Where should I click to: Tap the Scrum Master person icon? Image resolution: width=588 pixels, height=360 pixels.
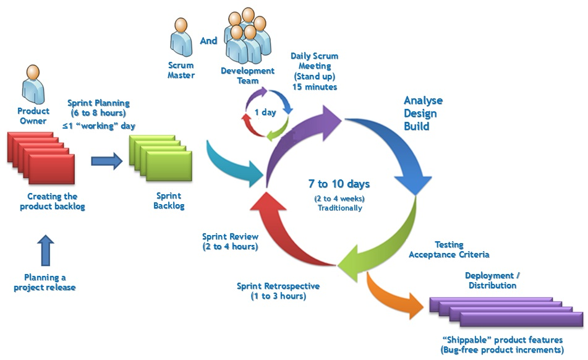click(181, 40)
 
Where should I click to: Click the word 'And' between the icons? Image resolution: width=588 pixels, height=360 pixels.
click(209, 41)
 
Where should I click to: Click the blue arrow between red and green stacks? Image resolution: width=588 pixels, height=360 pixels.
click(107, 161)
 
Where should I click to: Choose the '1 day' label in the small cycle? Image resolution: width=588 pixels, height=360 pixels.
click(265, 112)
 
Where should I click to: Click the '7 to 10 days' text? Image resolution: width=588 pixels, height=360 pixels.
click(339, 184)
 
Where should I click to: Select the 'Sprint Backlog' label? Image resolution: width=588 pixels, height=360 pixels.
click(169, 200)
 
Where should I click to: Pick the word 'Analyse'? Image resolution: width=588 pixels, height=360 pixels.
click(423, 101)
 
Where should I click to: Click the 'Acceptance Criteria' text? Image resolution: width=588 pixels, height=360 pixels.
click(449, 254)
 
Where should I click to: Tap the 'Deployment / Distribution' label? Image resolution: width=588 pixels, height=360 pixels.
click(493, 280)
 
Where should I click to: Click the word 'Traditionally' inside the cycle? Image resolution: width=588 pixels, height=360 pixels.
click(340, 208)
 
